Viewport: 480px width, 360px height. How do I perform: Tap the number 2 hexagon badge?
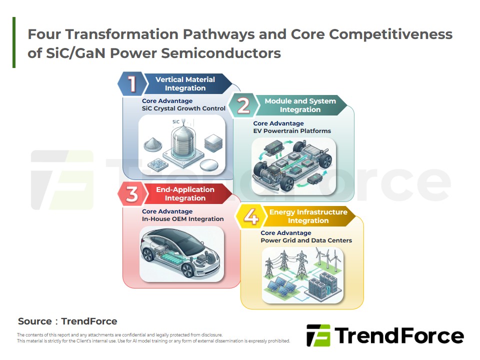coord(243,105)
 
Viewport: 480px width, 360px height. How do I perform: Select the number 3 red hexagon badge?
coord(132,194)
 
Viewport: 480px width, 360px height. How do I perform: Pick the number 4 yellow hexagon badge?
coord(251,216)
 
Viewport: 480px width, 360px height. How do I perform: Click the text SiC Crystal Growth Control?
coord(183,108)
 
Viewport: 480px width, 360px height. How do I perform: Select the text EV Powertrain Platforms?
coord(292,131)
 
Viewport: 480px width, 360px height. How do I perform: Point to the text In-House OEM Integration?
coord(183,219)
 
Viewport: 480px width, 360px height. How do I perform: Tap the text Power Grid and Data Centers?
coord(306,240)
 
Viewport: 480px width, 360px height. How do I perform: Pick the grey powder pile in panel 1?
coord(153,144)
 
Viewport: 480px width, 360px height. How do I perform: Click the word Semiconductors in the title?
coord(220,53)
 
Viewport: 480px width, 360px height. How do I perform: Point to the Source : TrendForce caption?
coord(67,321)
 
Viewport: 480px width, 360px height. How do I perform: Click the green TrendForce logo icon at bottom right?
coord(318,335)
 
